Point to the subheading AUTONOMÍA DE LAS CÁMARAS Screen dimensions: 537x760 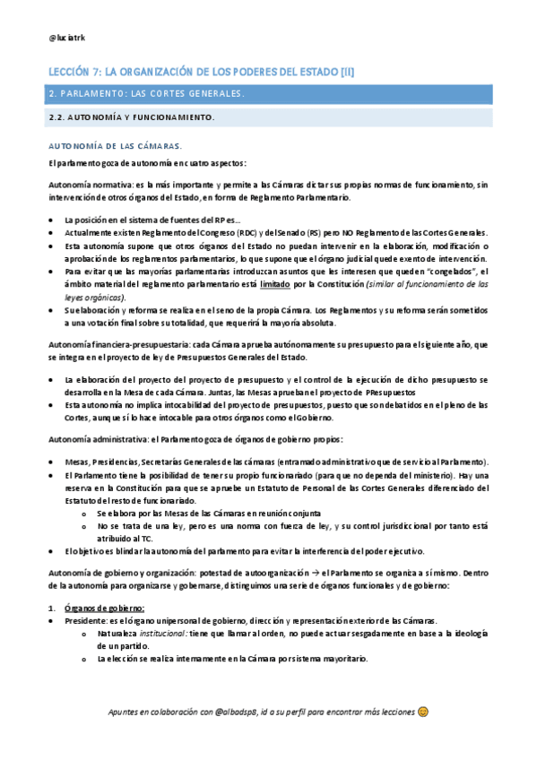(116, 145)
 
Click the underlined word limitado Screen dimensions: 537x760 (275, 283)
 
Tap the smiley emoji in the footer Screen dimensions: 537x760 (422, 712)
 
